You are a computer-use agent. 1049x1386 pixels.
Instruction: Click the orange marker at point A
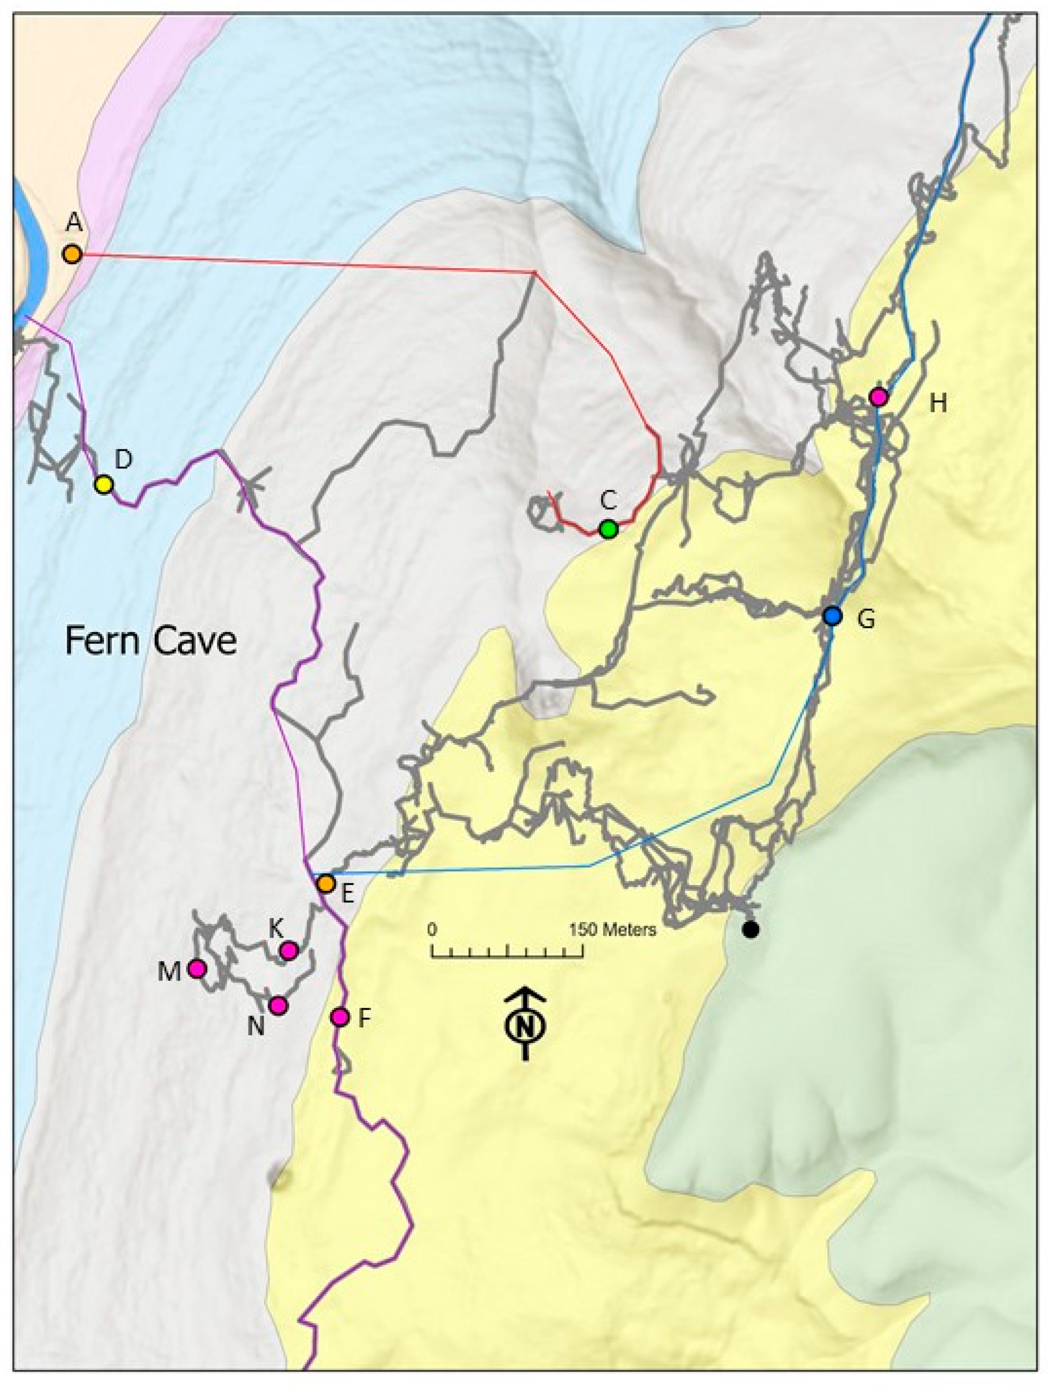pos(73,254)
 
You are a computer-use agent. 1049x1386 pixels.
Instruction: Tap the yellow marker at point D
pos(104,484)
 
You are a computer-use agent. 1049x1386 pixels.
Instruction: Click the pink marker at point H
pos(878,397)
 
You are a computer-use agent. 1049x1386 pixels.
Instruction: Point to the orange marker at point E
pos(325,884)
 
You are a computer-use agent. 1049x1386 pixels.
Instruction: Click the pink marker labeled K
pos(288,951)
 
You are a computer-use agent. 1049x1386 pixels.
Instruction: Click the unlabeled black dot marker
pos(750,929)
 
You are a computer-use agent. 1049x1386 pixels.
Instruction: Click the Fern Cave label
pos(151,641)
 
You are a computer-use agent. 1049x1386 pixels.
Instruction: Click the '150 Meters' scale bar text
pos(612,929)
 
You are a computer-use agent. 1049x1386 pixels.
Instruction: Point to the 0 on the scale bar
pos(432,929)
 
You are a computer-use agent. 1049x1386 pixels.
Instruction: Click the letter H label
pos(937,404)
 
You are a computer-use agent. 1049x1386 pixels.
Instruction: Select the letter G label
pos(865,620)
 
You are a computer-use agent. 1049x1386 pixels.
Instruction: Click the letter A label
pos(74,222)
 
